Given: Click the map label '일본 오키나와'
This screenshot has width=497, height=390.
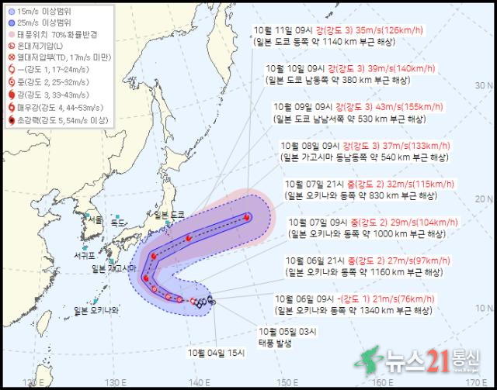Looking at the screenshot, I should [x=97, y=311].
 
